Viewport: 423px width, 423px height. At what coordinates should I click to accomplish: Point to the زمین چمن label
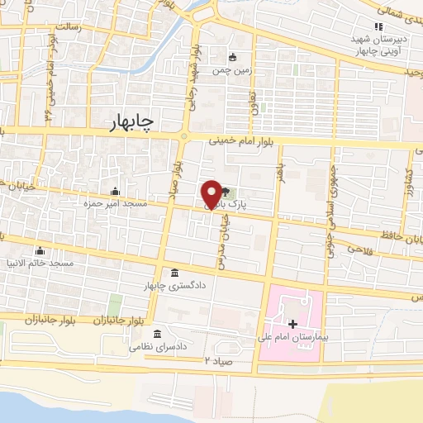[x=233, y=72]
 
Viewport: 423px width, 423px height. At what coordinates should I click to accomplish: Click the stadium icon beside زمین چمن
[x=233, y=57]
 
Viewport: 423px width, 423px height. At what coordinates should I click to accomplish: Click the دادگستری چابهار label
[x=173, y=285]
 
